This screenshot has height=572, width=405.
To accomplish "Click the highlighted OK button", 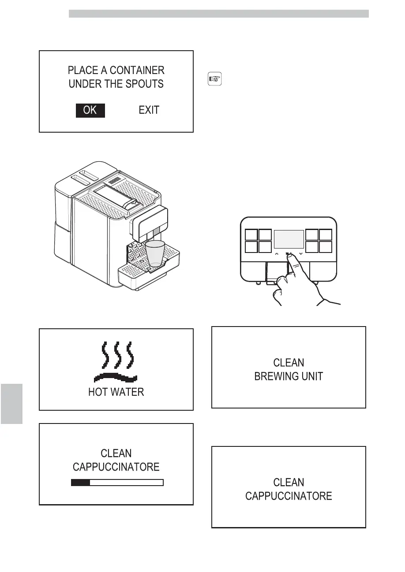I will [90, 110].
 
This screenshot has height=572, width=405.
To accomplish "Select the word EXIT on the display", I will [149, 110].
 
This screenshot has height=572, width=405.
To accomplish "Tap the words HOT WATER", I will [116, 392].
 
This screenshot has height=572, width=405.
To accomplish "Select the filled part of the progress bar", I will [81, 483].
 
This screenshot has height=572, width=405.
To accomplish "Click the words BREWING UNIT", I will [289, 376].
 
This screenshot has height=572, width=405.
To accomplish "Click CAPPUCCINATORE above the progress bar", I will [116, 467].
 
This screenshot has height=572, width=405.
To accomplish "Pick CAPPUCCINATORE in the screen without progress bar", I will [289, 496].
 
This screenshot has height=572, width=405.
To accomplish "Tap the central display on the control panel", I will [289, 239].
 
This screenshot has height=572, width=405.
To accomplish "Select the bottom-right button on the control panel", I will [326, 247].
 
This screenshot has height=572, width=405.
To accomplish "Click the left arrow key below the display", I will [276, 254].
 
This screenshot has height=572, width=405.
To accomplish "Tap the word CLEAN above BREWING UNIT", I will [289, 363].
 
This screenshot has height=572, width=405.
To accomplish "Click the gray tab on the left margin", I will [11, 403].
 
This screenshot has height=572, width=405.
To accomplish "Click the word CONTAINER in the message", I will [137, 71].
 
